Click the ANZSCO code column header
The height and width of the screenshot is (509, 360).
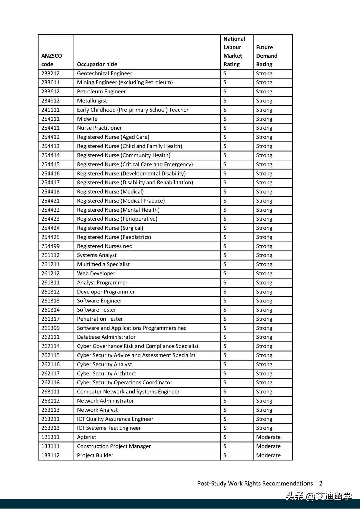(52, 60)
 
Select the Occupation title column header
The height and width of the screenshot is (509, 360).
(97, 64)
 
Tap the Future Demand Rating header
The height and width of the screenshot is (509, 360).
(267, 56)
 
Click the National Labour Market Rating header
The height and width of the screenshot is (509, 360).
(234, 52)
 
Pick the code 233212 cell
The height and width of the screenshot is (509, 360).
(51, 73)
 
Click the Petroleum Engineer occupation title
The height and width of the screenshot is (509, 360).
(101, 92)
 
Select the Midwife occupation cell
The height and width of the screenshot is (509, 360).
(87, 119)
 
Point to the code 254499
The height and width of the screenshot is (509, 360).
(51, 246)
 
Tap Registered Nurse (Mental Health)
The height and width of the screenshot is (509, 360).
(118, 210)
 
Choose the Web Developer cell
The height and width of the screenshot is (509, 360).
(96, 274)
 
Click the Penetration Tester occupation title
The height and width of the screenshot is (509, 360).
(100, 319)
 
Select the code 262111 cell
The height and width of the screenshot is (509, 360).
(51, 337)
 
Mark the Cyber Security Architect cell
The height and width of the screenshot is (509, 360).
(106, 374)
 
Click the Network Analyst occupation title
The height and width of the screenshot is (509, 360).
(97, 410)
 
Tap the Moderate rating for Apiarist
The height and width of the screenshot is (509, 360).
(268, 437)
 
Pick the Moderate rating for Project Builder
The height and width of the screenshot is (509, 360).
(268, 455)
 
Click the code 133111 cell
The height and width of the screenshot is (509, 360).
(51, 446)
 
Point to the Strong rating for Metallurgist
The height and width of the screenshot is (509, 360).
(264, 101)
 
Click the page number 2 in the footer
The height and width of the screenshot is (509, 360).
(321, 483)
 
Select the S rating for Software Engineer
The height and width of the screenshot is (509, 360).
(225, 301)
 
